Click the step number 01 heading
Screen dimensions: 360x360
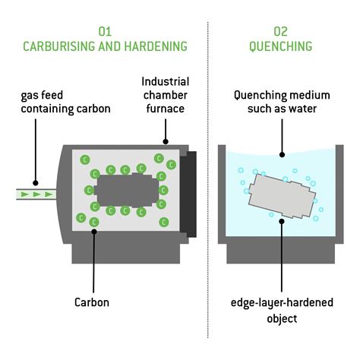click(106, 31)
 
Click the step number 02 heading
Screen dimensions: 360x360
click(280, 31)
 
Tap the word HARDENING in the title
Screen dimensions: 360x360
click(156, 46)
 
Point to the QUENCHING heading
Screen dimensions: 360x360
click(280, 46)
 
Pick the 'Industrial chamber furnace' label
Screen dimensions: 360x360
click(166, 93)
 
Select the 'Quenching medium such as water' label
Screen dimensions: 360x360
click(280, 102)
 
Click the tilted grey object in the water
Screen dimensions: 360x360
click(280, 194)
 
